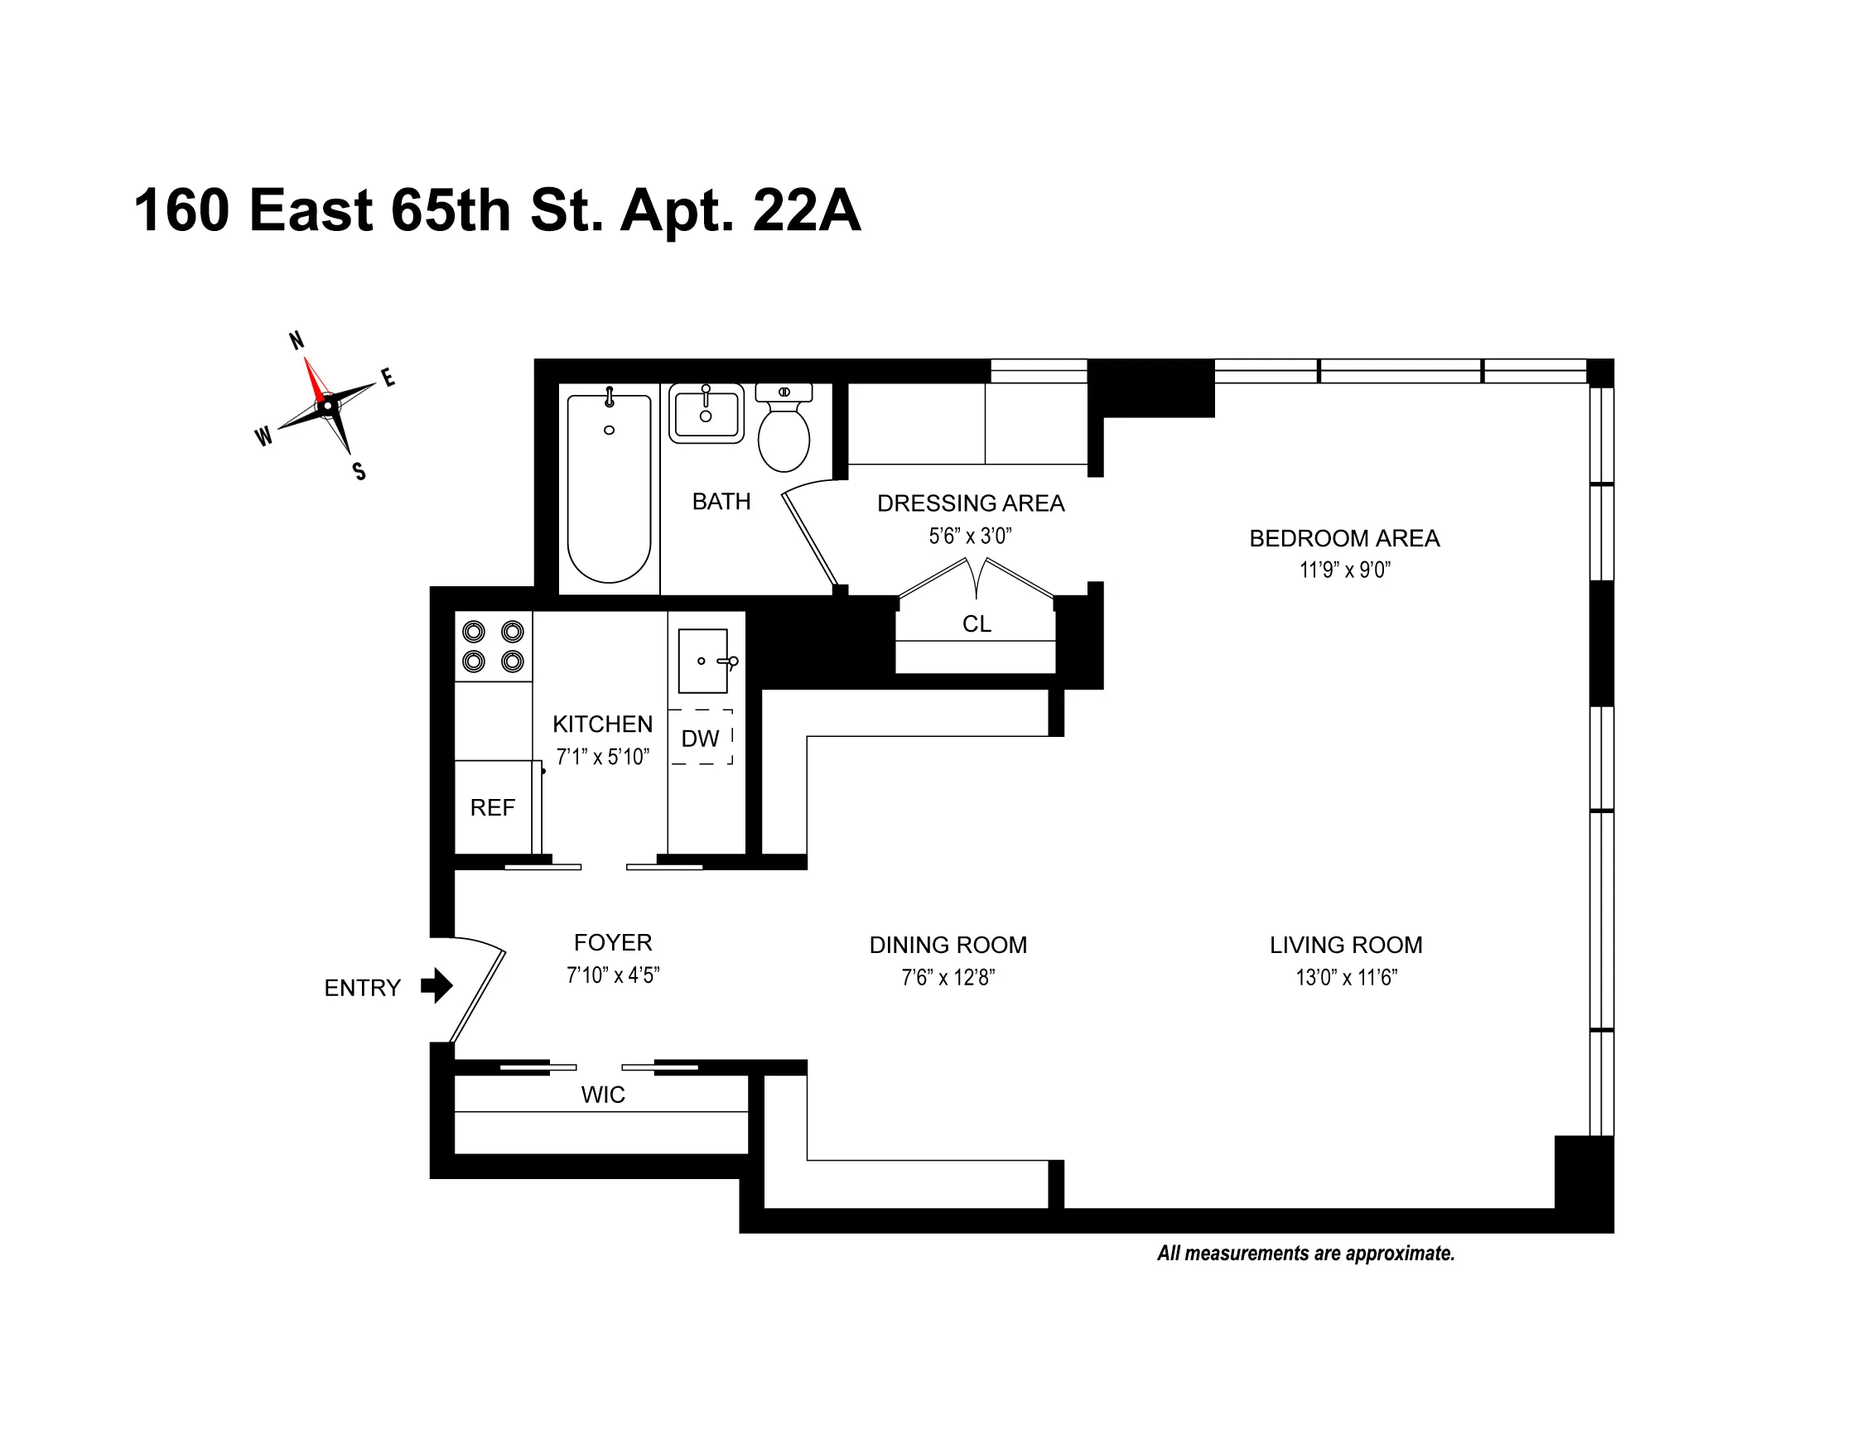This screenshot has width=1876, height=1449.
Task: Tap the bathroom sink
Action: coord(706,413)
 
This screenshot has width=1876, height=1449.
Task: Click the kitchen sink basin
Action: coord(702,661)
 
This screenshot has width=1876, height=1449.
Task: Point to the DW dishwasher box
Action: coord(701,738)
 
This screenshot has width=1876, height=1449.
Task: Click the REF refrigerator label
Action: coord(492,807)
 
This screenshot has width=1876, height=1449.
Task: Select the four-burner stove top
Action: coord(493,646)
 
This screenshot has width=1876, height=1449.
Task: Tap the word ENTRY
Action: coord(362,988)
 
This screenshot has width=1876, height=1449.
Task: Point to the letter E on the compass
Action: coord(388,377)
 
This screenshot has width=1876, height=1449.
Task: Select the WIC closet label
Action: coord(602,1095)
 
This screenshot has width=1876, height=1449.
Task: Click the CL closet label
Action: coord(976,623)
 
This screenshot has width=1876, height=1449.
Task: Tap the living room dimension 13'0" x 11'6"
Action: coord(1346,977)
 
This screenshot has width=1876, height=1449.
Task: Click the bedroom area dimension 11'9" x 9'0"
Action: coord(1344,570)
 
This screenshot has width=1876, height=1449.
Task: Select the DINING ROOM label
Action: coord(948,945)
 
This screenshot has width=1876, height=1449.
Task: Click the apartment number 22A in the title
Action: coord(806,210)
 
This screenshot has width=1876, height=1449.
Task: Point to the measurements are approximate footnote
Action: coord(1305,1253)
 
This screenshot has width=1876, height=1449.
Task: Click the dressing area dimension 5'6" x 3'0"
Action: coord(970,536)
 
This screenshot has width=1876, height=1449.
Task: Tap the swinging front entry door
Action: coord(478,996)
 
